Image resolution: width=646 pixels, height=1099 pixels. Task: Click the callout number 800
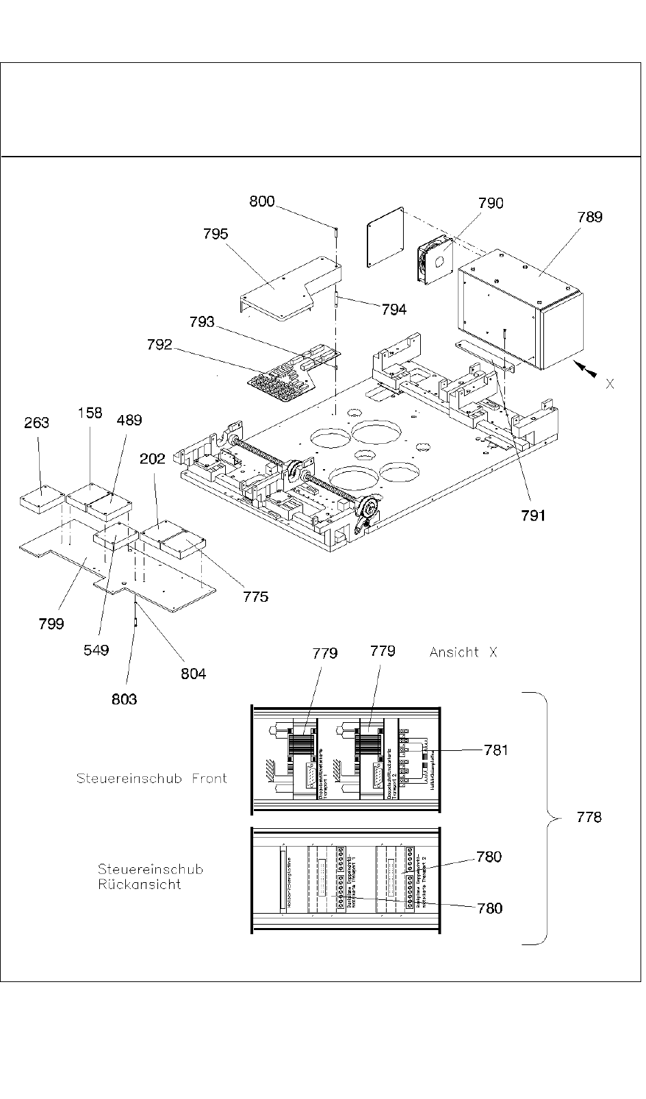click(x=262, y=202)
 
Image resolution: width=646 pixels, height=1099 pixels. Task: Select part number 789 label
click(x=590, y=217)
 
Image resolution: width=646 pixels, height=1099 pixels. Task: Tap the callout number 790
click(x=491, y=203)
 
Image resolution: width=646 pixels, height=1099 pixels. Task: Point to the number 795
click(x=216, y=234)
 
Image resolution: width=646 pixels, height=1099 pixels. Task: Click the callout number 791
click(x=533, y=516)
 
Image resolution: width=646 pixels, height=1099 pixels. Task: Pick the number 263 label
click(x=36, y=423)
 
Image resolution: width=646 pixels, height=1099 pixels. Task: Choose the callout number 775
click(x=256, y=597)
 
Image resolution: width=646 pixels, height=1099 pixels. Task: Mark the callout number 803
click(x=124, y=699)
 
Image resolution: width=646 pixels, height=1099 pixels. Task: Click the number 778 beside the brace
click(x=589, y=817)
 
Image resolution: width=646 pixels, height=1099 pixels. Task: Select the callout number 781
click(x=496, y=750)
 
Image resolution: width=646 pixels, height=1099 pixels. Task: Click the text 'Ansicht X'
click(x=463, y=652)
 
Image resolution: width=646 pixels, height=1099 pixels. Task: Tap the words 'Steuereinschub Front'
click(x=152, y=778)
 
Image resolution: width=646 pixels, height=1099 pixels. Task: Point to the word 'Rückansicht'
click(x=140, y=884)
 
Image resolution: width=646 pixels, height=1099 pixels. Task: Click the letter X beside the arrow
click(x=610, y=384)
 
